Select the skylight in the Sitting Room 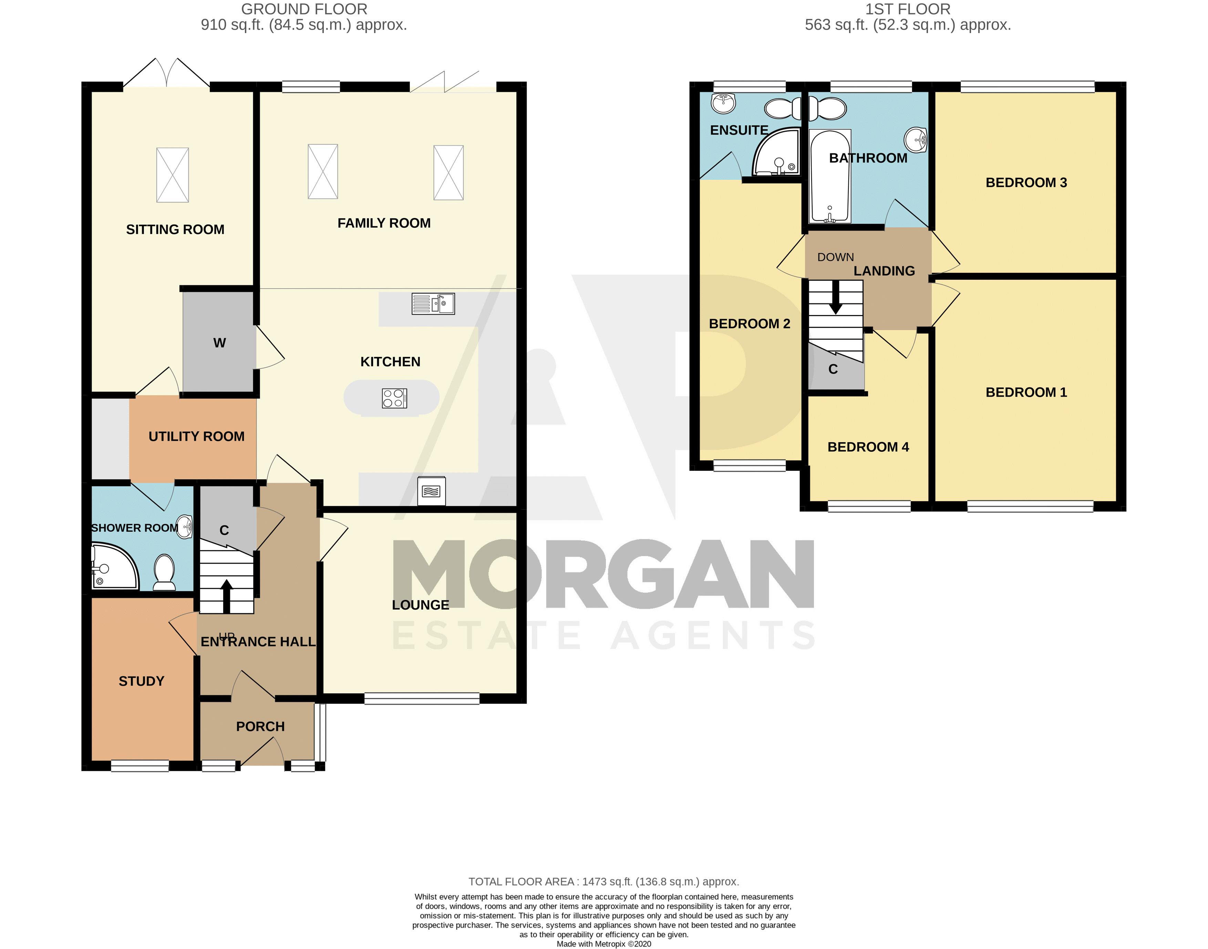click(x=173, y=175)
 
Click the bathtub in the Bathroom click(x=830, y=176)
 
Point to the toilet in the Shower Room click(x=164, y=573)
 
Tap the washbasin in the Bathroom click(x=916, y=139)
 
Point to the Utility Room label click(x=197, y=436)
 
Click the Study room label click(x=142, y=681)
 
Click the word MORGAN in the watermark click(x=604, y=574)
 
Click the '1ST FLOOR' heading click(x=908, y=9)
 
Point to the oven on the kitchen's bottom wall click(x=432, y=491)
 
